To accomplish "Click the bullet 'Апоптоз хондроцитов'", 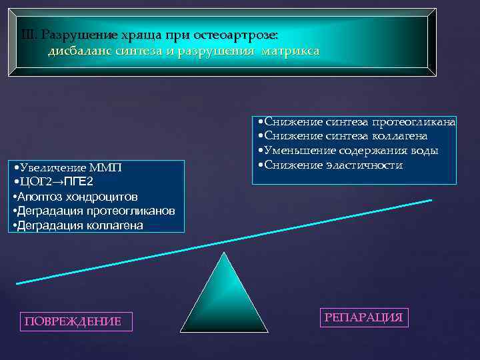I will [75, 197].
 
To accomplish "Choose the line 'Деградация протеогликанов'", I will [94, 211].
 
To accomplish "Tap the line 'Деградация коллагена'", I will [77, 225].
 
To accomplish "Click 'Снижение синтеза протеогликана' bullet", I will [356, 121].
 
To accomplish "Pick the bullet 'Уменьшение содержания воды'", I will [347, 151].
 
